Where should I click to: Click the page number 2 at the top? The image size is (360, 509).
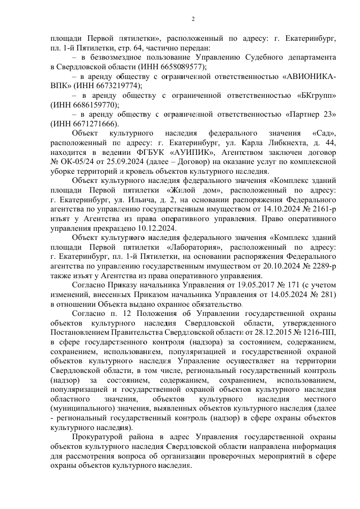pos(193,19)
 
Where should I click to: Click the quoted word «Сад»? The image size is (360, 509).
pos(323,133)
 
